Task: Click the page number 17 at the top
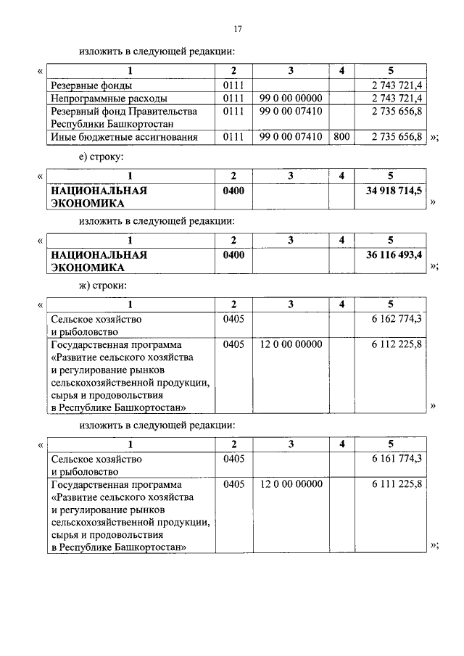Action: pyautogui.click(x=237, y=29)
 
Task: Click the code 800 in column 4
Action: pyautogui.click(x=341, y=136)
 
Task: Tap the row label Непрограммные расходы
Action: pyautogui.click(x=109, y=98)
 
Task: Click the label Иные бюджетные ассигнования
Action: pyautogui.click(x=123, y=136)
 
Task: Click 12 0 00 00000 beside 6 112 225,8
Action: pyautogui.click(x=291, y=344)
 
